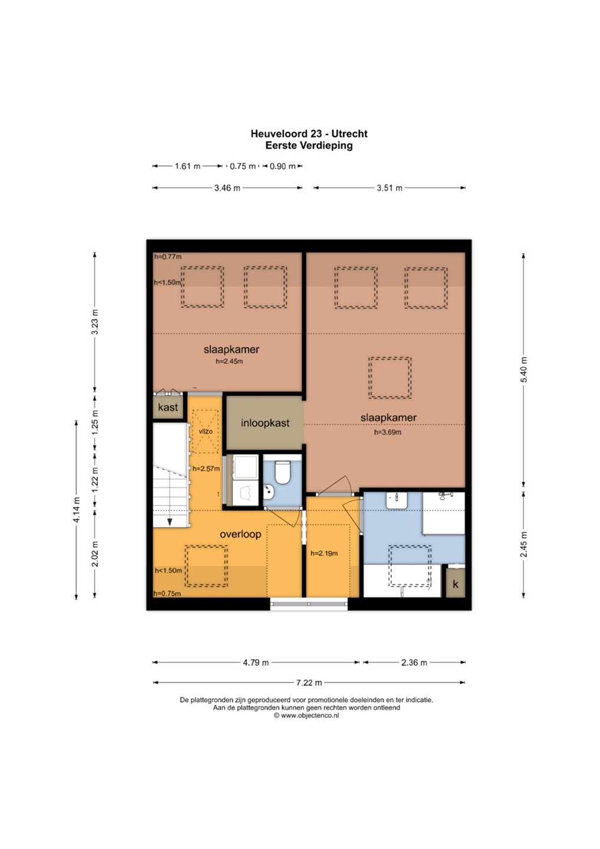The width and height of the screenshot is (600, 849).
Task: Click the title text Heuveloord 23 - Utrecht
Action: point(309,134)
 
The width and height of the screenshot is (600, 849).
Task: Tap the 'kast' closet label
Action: point(168,407)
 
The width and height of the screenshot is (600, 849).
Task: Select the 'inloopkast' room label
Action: point(265,423)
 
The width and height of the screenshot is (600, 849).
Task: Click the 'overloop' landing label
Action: point(240,534)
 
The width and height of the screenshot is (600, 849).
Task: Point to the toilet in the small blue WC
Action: point(282,472)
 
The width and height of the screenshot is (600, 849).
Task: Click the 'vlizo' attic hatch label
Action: point(206,432)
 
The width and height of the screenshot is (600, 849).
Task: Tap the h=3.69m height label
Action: point(387,432)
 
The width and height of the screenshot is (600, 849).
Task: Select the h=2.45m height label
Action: point(229,361)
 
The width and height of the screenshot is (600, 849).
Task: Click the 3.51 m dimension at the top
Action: point(390,188)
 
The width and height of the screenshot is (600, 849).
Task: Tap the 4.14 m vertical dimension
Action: point(77,510)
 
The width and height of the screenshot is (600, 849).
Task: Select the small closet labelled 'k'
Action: point(455,584)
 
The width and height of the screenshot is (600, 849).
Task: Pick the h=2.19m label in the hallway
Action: point(324,554)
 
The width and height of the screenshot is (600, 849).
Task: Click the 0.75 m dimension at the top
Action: point(242,166)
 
